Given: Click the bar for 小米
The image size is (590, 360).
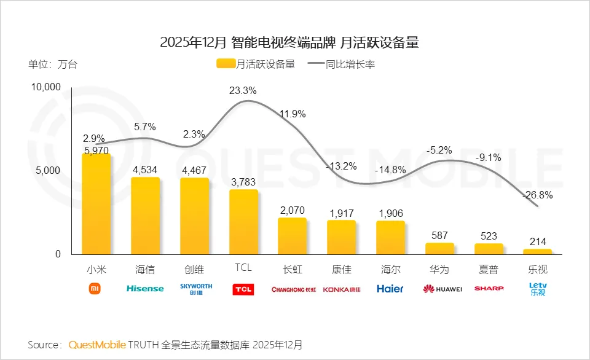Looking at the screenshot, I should click(96, 204).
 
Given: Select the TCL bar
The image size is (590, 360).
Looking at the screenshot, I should click(243, 222).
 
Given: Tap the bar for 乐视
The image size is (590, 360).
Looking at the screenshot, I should click(537, 251).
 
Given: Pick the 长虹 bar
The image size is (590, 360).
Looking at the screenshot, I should click(292, 236).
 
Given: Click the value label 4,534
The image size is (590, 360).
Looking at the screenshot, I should click(145, 170).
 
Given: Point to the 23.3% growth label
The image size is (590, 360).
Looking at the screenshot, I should click(243, 90).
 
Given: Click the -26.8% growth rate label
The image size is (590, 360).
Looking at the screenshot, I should click(537, 195).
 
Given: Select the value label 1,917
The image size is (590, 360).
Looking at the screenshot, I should click(341, 213).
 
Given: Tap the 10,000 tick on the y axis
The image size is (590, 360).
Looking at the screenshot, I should click(46, 87).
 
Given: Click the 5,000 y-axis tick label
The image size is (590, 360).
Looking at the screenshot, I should click(48, 171).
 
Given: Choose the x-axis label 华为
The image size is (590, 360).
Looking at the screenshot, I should click(439, 269).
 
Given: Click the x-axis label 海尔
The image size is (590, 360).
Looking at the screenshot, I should click(390, 269).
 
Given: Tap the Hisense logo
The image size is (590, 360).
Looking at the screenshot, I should click(145, 288).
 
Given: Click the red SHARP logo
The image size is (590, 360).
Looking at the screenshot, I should click(489, 288).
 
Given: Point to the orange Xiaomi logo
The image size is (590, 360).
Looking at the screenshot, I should click(95, 288).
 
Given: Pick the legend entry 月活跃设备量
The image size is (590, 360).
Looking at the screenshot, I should click(256, 63).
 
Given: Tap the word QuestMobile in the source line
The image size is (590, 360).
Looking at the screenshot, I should click(97, 344).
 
